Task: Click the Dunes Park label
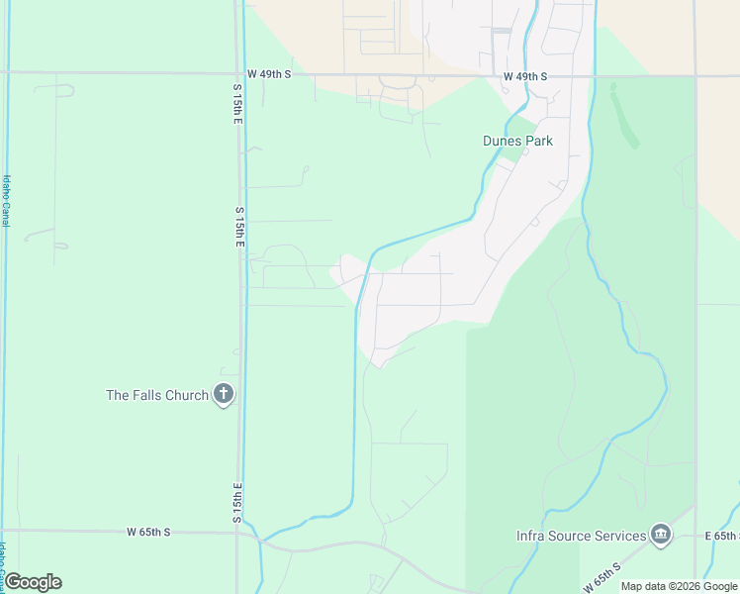coord(517,141)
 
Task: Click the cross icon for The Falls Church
coord(224,394)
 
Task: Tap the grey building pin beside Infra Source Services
coord(661,536)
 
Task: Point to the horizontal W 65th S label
coord(148,532)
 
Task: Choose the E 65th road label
coord(722,536)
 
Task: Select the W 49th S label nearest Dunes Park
coord(524,76)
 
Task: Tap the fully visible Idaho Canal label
coord(6,201)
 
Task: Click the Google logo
coord(33,582)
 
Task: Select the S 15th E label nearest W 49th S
coord(237,104)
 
